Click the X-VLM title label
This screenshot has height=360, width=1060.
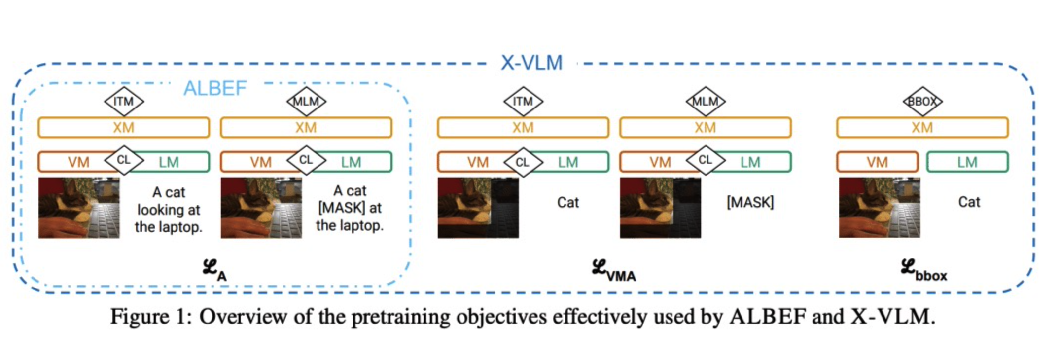click(531, 63)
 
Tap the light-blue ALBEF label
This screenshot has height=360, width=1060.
click(215, 89)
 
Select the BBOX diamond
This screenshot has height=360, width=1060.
click(922, 102)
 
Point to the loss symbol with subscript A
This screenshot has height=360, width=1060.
click(214, 270)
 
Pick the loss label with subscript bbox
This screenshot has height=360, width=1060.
click(923, 271)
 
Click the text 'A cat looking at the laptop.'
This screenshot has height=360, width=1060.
click(169, 210)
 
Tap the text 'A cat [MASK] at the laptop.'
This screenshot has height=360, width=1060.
click(350, 208)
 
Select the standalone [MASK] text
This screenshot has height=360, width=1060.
click(750, 202)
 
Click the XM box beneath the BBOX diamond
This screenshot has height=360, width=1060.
click(922, 128)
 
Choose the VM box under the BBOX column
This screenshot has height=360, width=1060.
click(877, 162)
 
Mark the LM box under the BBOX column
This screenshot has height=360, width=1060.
click(967, 162)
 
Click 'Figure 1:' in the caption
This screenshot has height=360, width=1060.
click(151, 317)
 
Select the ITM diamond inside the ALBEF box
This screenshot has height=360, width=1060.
click(124, 102)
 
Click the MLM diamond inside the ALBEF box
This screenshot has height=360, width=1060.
click(306, 102)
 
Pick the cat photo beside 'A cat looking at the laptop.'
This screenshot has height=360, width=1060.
click(79, 208)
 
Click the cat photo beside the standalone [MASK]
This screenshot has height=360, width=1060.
click(660, 208)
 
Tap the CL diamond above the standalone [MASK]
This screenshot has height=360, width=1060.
click(706, 160)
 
